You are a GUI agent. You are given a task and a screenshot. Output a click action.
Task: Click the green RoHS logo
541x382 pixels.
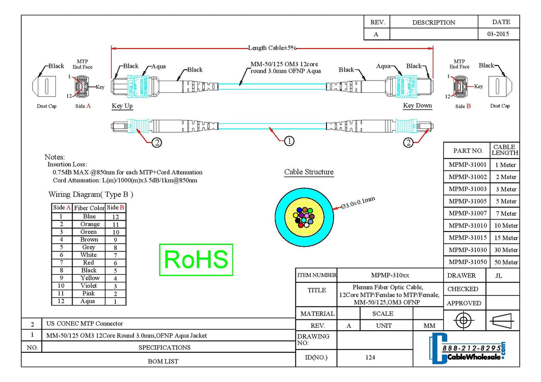click(196, 259)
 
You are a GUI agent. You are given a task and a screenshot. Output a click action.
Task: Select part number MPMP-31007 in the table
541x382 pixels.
click(468, 213)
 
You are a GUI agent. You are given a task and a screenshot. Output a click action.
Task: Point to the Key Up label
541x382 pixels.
click(122, 106)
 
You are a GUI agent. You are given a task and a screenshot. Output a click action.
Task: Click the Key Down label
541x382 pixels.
click(417, 106)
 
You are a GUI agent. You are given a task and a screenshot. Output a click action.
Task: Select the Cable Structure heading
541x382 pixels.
click(309, 172)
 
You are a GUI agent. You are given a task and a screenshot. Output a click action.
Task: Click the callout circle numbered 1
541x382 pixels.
click(289, 141)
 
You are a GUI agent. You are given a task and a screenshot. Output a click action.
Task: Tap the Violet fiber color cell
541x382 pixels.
click(89, 286)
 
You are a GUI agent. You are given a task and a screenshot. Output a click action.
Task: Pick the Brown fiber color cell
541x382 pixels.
click(89, 240)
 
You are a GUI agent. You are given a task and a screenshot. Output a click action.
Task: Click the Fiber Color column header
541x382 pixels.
click(89, 208)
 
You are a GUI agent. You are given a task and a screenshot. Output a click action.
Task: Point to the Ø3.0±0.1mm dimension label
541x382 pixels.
click(358, 203)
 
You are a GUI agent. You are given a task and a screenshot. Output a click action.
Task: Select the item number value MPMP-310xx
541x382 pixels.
click(390, 275)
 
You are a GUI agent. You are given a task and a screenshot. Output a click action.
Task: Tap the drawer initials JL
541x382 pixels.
click(502, 275)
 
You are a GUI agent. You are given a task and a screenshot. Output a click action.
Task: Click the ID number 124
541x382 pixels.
click(371, 358)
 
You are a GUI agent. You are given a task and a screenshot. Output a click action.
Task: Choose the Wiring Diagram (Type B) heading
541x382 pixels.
click(91, 195)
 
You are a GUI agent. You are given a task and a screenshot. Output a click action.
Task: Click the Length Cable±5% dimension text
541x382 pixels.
click(272, 48)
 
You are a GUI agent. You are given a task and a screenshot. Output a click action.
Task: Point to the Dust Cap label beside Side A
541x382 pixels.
click(46, 106)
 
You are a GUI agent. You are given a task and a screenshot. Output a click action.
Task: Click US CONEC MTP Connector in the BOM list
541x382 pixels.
click(85, 323)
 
